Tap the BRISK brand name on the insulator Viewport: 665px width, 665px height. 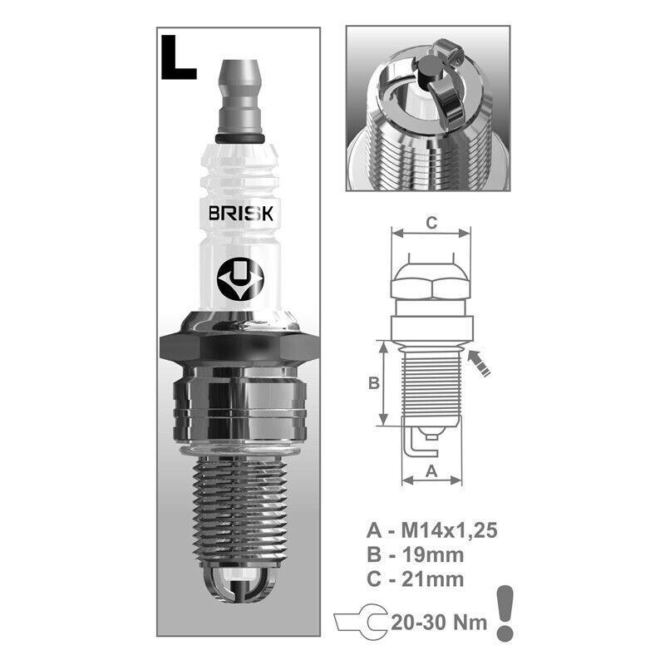[x=241, y=214]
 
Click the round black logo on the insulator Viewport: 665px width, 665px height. [x=240, y=279]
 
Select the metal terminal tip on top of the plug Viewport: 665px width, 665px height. [x=239, y=96]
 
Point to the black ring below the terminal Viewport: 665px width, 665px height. [x=240, y=139]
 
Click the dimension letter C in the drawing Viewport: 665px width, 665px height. [x=431, y=223]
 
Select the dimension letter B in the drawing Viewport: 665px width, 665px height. [x=373, y=383]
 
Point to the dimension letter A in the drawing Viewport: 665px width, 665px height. [x=431, y=470]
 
